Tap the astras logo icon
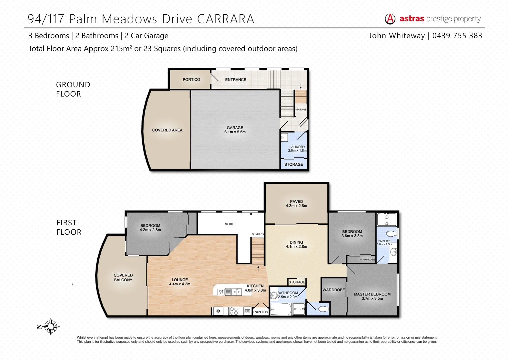pos(390,19)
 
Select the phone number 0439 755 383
pos(457,36)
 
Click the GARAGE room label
pos(235,128)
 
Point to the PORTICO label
pos(191,80)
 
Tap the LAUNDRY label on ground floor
pos(297,147)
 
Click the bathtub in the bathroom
pos(280,309)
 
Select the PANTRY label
pos(261,312)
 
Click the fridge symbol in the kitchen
pos(219,311)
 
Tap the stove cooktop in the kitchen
pos(234,311)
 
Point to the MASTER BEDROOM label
pos(372,294)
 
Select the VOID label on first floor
pos(229,224)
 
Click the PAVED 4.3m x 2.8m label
pos(296,204)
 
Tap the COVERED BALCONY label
pos(123,278)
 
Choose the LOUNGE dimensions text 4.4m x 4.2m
pos(180,284)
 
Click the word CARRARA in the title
pos(226,19)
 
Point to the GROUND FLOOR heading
pos(73,89)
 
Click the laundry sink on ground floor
pos(284,137)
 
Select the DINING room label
pos(296,242)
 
